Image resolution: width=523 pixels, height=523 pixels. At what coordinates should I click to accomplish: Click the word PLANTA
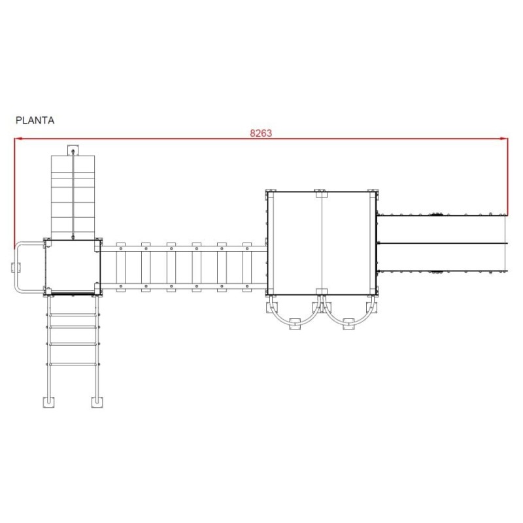click(35, 120)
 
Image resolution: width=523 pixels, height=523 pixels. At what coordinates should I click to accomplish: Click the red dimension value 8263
click(261, 133)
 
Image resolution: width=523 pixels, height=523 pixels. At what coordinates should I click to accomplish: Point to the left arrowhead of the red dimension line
click(18, 138)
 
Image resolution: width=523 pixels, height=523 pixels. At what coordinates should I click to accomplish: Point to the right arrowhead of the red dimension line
click(504, 138)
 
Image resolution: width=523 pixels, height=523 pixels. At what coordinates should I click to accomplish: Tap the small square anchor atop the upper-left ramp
click(73, 150)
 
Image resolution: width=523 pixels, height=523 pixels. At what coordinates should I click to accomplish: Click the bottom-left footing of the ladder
click(48, 402)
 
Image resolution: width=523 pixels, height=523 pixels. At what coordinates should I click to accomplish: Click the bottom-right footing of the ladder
click(97, 402)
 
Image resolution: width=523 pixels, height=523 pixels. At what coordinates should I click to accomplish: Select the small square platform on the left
click(73, 267)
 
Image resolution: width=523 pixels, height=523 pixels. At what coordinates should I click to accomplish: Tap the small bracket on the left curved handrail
click(15, 267)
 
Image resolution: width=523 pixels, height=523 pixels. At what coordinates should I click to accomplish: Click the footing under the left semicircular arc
click(295, 324)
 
